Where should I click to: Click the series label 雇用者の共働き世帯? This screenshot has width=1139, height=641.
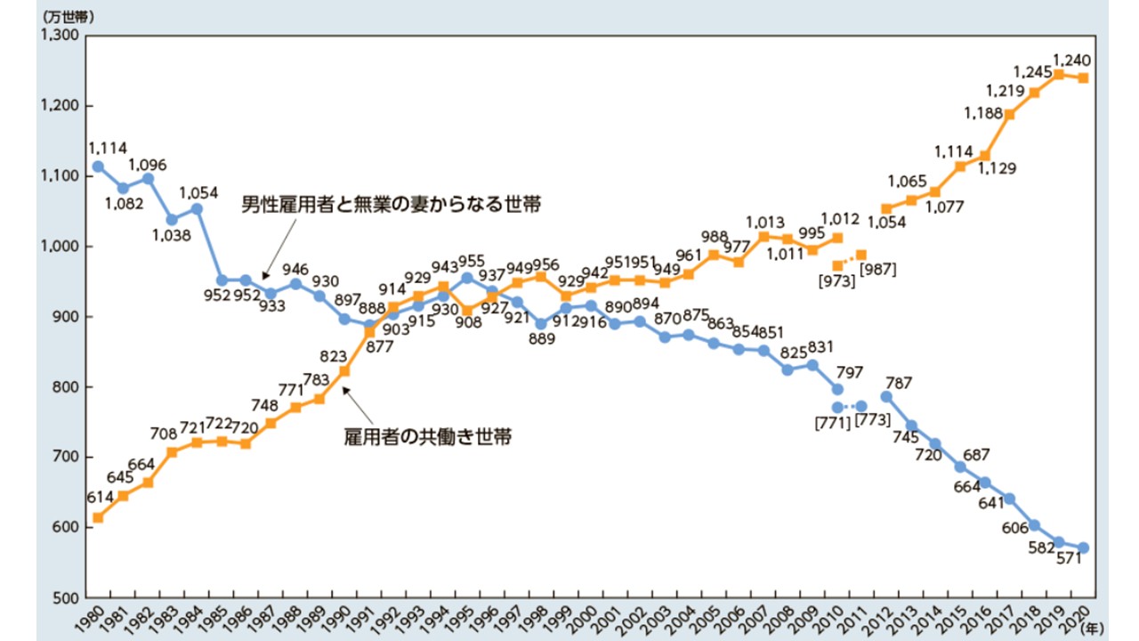427,437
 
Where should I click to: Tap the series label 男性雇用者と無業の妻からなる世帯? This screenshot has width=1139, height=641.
392,205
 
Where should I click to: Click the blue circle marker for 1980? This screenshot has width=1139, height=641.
98,166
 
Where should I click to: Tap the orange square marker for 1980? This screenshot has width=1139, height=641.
98,517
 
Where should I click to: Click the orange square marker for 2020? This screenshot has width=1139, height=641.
1083,77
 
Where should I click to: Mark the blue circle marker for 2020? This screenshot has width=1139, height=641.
1083,548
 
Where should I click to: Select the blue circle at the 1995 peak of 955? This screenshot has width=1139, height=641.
466,278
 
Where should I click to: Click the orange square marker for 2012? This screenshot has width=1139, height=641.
885,208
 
